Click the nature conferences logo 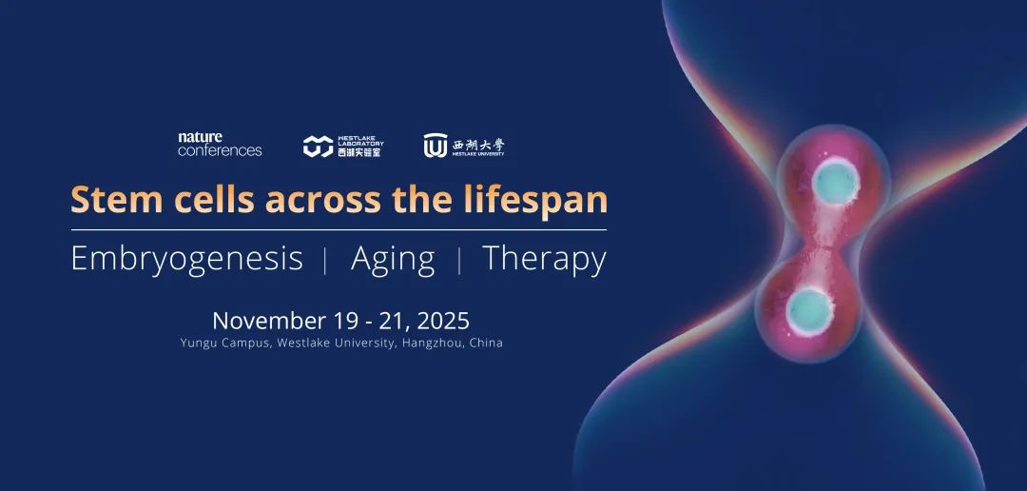(220, 145)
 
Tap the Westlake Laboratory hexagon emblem (319, 147)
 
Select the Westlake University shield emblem (435, 146)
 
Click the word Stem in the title (117, 199)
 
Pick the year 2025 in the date (443, 321)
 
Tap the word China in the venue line (487, 343)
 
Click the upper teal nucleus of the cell (836, 182)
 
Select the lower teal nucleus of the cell (809, 312)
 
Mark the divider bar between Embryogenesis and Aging (326, 261)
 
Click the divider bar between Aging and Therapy (459, 261)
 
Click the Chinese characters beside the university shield (478, 144)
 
